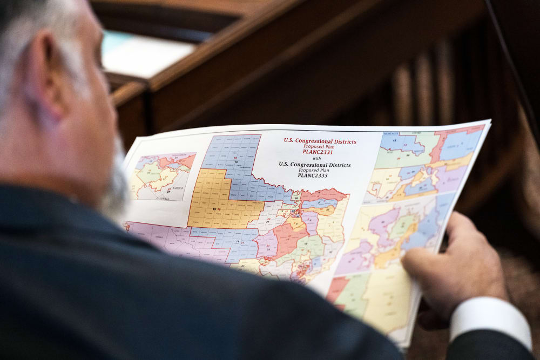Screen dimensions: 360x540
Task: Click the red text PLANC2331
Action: tap(313, 152)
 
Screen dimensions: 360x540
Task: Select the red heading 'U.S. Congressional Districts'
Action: tap(320, 141)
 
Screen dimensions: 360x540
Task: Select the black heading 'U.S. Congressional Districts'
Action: tap(314, 164)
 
